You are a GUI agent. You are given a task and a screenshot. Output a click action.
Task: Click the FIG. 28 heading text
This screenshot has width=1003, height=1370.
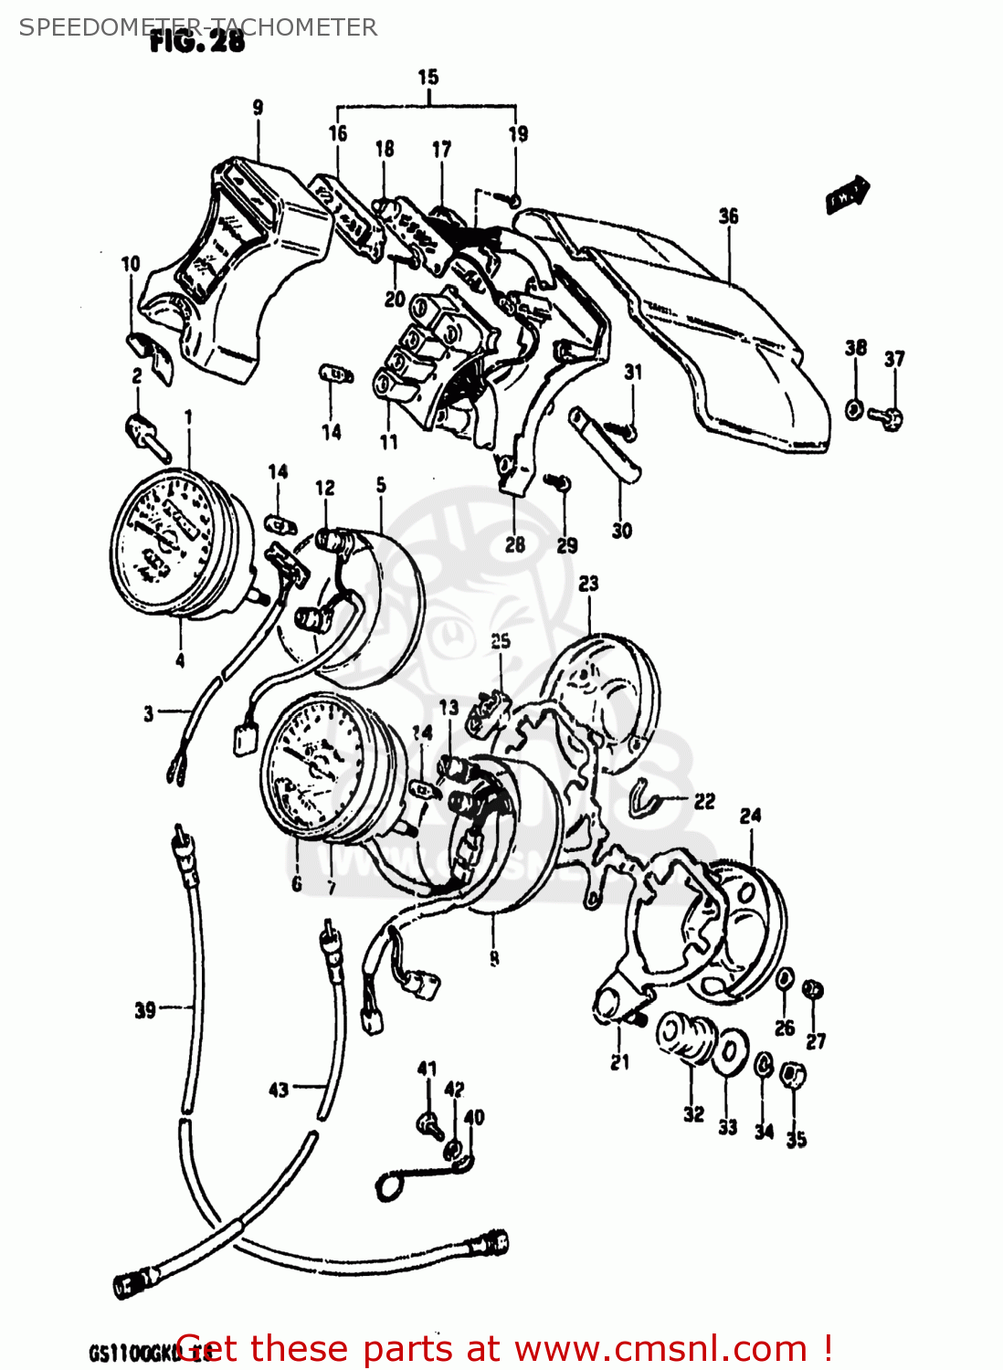197,42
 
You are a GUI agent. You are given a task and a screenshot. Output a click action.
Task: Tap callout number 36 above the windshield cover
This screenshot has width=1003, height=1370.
728,216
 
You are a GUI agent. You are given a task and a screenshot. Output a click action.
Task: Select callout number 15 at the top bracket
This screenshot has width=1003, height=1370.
428,78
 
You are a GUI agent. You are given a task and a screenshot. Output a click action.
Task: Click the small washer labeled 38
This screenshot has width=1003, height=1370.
854,408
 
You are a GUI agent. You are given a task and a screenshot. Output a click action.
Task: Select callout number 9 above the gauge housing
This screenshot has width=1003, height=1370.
258,108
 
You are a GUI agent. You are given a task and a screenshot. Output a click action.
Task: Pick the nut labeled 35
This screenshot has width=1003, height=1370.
793,1076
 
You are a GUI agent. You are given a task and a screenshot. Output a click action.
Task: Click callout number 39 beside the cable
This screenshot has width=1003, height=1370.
145,1010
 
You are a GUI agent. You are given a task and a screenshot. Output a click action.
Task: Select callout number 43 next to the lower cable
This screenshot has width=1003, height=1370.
279,1090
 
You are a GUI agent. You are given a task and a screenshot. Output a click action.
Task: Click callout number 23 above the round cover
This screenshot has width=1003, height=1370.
588,584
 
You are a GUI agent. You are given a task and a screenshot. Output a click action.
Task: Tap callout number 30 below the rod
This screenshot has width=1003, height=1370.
622,531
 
